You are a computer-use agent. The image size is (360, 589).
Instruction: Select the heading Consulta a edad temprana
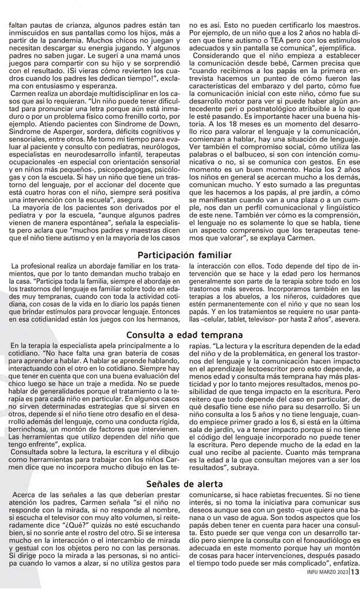click(179, 334)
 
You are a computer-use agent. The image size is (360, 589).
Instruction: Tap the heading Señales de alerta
click(179, 484)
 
